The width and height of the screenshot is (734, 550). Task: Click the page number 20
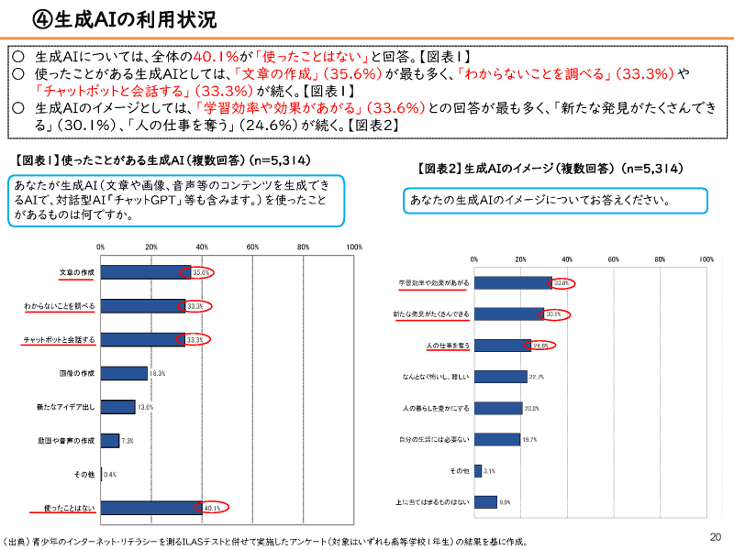coord(717,536)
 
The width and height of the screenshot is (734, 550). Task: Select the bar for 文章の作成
coord(145,272)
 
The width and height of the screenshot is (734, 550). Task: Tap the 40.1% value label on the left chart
coord(213,507)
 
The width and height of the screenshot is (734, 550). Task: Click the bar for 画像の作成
coord(123,373)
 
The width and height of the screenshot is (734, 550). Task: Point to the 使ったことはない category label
coord(69,507)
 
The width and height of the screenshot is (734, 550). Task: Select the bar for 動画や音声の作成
coord(109,440)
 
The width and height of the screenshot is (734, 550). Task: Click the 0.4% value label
coord(110,474)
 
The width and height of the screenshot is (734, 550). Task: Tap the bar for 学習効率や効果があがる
coord(512,283)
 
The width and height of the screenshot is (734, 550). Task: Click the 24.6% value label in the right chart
coord(540,346)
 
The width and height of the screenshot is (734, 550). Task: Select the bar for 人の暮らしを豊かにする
coord(497,408)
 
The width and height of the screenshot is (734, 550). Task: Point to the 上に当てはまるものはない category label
coord(433,502)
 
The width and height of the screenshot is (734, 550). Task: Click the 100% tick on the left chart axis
coord(354,247)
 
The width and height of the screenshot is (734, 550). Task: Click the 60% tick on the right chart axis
coord(613,260)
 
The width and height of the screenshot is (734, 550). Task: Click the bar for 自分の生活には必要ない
coord(496,439)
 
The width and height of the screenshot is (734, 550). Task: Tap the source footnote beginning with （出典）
coord(266,541)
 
